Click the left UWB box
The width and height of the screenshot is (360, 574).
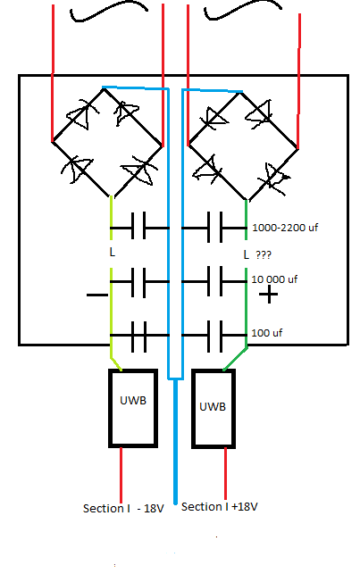coord(110,408)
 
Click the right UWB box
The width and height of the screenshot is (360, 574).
coord(193,408)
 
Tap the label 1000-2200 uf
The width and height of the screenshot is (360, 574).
coord(285,228)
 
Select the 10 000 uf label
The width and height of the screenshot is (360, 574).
coord(274,279)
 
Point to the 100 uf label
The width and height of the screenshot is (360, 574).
coord(266,333)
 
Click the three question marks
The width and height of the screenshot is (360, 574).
coord(264,254)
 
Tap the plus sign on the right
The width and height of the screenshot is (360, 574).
coord(269,295)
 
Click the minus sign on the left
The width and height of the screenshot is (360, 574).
coord(97,295)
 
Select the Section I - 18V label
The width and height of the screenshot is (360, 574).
coord(123,509)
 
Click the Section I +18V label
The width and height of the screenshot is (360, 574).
coord(220,507)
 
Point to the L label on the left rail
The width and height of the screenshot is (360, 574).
coord(112,253)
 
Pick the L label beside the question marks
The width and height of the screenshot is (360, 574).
coord(246,254)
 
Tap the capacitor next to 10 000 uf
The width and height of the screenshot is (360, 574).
coord(214,281)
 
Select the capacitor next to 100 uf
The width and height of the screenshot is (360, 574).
coord(214,336)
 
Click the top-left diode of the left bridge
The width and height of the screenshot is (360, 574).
coord(82,115)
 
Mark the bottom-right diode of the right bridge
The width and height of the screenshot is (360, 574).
coord(274,179)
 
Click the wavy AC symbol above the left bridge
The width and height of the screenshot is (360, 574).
coord(109,11)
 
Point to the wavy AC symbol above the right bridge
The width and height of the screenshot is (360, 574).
coord(242,10)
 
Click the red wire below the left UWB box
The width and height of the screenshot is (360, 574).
coord(121,475)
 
